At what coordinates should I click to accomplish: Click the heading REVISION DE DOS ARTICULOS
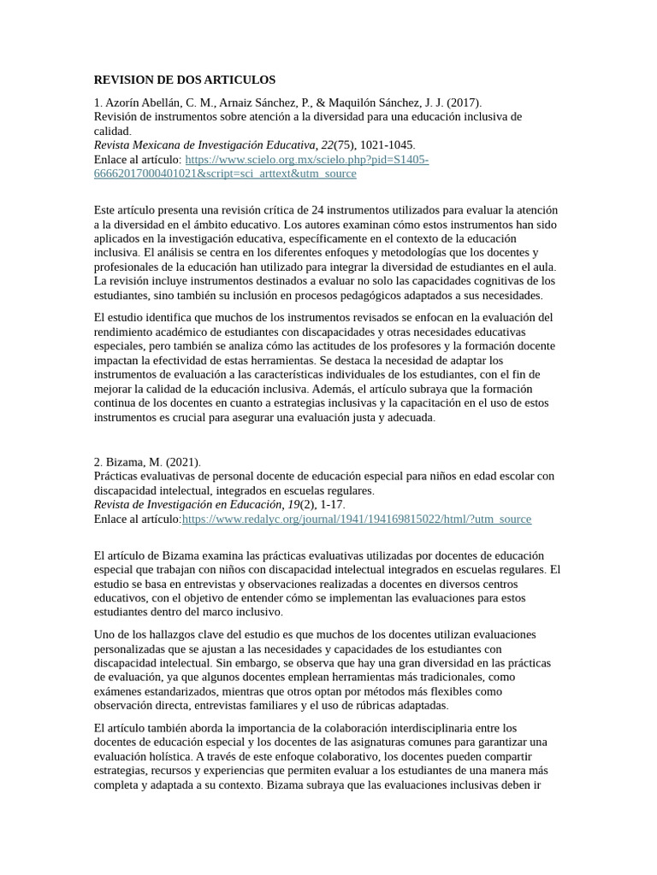(x=184, y=79)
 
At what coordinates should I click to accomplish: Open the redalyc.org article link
(x=356, y=519)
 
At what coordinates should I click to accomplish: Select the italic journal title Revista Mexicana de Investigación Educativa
(x=204, y=145)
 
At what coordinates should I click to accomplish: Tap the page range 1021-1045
(x=388, y=145)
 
